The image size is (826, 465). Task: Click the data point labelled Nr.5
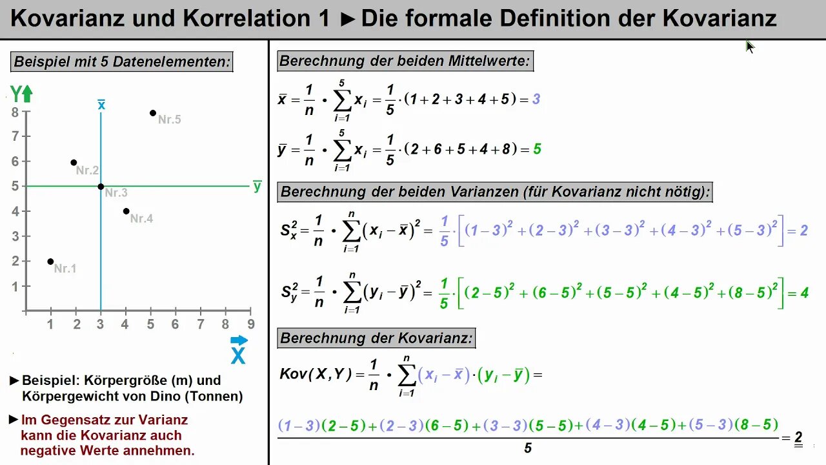click(153, 113)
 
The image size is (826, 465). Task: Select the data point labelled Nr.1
click(50, 262)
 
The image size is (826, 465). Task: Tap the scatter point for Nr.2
click(74, 163)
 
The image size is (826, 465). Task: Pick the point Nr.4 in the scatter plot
click(126, 211)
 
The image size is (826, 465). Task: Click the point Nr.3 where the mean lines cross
click(101, 187)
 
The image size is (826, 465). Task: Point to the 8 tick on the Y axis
click(15, 112)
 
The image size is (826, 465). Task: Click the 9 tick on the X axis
click(251, 324)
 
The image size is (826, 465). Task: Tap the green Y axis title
click(16, 94)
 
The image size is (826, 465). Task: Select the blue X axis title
click(238, 355)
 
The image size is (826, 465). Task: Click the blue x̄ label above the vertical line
click(101, 105)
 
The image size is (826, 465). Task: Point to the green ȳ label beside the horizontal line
click(257, 187)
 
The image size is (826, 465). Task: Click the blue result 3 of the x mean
click(536, 99)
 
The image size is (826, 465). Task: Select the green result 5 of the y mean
click(537, 149)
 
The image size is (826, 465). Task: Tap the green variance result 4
click(804, 293)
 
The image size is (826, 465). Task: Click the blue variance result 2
click(803, 231)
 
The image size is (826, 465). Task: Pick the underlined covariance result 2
click(798, 436)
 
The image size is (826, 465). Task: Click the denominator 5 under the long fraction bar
click(528, 448)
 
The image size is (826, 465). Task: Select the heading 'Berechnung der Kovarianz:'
click(376, 338)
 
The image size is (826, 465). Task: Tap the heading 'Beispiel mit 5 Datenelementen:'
click(122, 62)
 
